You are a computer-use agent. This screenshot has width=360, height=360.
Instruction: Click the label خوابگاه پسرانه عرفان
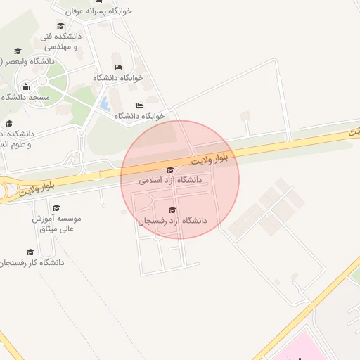coord(98,11)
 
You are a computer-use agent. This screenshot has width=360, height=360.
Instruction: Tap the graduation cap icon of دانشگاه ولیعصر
coord(18,51)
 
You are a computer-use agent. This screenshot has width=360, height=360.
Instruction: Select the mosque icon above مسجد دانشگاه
coord(26,87)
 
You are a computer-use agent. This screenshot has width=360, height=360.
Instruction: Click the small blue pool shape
coord(105,105)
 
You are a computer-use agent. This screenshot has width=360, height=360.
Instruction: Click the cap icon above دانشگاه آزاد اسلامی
coord(170,169)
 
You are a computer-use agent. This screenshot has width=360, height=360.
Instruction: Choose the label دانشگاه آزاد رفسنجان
coord(173,220)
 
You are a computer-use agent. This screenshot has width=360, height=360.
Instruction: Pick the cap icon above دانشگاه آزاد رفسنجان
coord(173,210)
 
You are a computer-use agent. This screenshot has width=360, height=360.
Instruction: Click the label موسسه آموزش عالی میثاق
coord(58,224)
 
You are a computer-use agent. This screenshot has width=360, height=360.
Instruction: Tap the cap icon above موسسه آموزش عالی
coord(56,208)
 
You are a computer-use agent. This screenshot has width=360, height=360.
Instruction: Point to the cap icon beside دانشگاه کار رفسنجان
coord(30,252)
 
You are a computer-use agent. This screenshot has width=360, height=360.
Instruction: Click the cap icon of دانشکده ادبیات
coord(8,124)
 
